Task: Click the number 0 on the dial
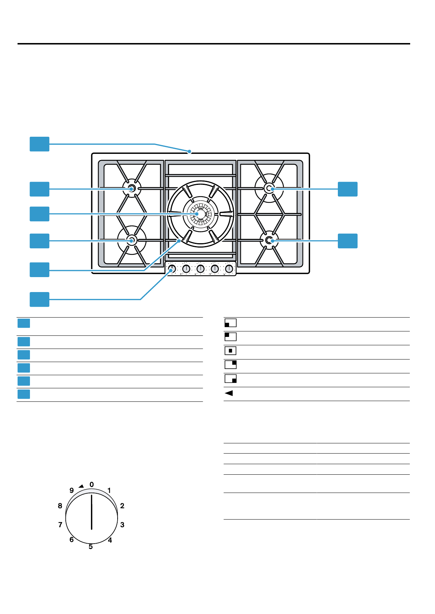92,485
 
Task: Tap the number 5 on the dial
91,547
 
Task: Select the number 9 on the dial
72,490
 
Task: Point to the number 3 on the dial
122,525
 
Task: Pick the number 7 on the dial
60,525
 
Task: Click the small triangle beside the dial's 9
81,486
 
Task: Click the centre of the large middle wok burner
200,214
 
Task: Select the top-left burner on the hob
132,189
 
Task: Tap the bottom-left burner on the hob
132,240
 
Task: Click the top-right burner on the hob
269,189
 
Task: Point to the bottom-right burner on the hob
269,240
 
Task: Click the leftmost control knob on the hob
172,269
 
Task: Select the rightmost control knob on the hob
229,269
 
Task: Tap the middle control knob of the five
201,269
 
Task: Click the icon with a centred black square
230,351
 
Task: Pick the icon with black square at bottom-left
230,323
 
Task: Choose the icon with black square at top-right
230,365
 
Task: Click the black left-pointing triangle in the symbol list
229,393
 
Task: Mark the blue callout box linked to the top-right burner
347,189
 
